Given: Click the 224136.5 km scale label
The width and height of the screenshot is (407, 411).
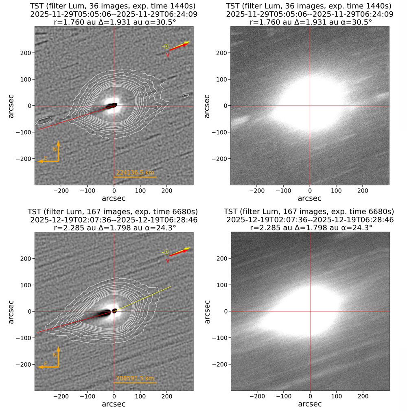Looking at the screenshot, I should coord(135,172).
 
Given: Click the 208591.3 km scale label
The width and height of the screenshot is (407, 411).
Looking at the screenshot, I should coord(135,378).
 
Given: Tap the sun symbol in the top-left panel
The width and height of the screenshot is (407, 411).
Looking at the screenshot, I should coord(166,46).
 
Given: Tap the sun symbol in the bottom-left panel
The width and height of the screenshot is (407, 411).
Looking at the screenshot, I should coord(166,252).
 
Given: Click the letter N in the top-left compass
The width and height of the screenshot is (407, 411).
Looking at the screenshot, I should coord(55,149).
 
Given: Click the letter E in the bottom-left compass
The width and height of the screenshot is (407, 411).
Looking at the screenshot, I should coord(46,363).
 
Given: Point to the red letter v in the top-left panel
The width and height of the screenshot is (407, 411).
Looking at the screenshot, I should coord(167,55).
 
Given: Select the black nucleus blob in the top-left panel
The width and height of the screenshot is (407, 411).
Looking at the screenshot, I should coord(112,105).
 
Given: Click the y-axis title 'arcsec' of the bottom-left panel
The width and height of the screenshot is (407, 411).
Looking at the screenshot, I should coord(11,311).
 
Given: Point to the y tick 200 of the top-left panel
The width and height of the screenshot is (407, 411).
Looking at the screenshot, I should coord(25,53).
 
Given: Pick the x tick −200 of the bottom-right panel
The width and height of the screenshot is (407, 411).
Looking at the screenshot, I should coord(257,396).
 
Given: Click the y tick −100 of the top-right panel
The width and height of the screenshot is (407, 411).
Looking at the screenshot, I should coord(220,132).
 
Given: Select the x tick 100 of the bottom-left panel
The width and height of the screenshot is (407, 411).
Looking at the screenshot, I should coord(140,396).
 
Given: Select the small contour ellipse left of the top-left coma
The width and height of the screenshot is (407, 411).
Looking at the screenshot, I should coord(43,120).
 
